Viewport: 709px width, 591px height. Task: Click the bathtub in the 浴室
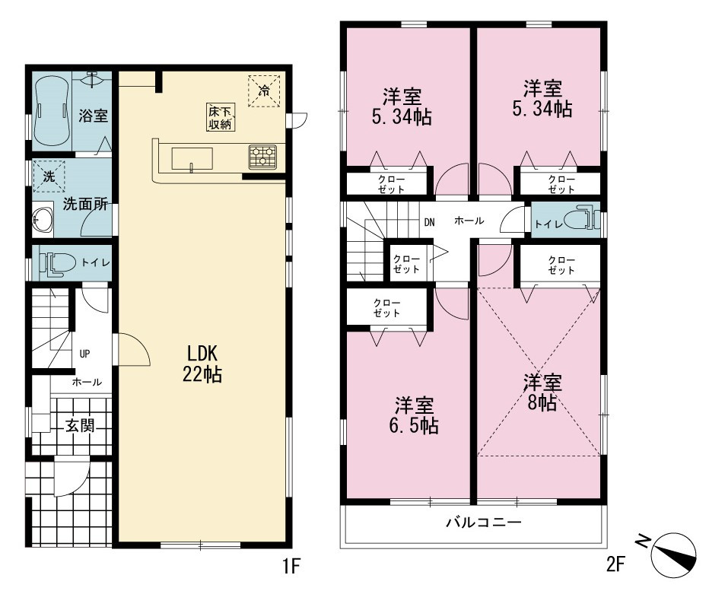[x=52, y=111]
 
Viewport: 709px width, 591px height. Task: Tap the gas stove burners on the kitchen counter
[x=262, y=157]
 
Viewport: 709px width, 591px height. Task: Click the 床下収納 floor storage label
[x=220, y=117]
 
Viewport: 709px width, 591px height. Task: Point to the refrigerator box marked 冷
[x=264, y=91]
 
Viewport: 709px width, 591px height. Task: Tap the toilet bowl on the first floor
[x=57, y=262]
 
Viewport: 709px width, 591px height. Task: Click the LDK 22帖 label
[x=202, y=364]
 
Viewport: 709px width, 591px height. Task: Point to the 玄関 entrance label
[x=80, y=425]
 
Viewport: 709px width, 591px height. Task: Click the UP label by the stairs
[x=84, y=354]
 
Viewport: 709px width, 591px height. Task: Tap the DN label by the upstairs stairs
[x=429, y=222]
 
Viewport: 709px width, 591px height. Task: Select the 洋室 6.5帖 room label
[x=414, y=415]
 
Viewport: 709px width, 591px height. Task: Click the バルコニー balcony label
[x=484, y=523]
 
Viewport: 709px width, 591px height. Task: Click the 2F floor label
[x=616, y=564]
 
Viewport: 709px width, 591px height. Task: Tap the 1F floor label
[x=291, y=565]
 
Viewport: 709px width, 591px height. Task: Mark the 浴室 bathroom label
[x=93, y=116]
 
